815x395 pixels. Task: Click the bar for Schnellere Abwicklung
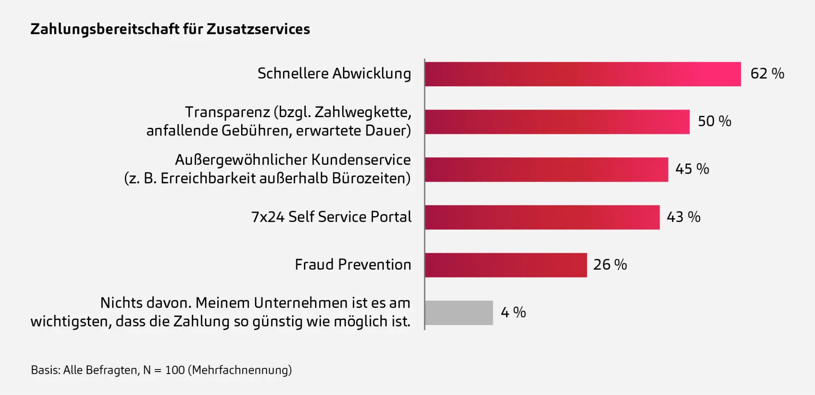pos(582,74)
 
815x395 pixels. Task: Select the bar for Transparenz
pos(557,122)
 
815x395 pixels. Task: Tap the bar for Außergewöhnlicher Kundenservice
pos(546,169)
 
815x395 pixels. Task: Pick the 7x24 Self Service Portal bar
pos(542,217)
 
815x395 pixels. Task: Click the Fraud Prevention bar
pos(506,265)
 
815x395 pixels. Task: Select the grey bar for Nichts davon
pos(459,313)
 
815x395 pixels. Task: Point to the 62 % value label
pos(767,73)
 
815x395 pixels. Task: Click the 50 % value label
pos(714,121)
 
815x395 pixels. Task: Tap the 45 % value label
pos(692,169)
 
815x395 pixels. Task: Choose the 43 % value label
pos(683,217)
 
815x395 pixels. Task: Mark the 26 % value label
pos(610,265)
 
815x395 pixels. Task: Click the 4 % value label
pos(513,313)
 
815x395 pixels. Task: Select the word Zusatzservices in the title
pos(258,29)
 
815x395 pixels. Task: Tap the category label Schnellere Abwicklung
pos(334,73)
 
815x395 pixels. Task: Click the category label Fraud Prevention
pos(353,265)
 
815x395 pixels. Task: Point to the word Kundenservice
pos(361,160)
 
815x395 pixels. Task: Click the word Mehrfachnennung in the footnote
pos(242,370)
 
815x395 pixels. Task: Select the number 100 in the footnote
pos(175,370)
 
